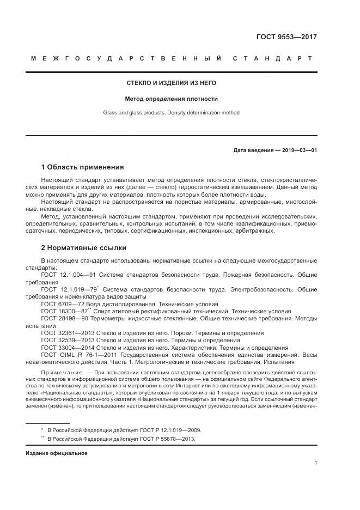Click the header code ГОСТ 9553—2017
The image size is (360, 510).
coord(286,37)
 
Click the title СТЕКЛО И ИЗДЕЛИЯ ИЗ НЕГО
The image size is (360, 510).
coord(172,83)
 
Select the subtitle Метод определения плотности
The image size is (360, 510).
coord(172,99)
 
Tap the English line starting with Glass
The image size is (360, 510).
coord(172,113)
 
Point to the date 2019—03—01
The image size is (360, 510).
coord(298,149)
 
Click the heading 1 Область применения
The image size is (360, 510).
coord(82,167)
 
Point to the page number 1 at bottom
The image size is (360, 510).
coord(315,463)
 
